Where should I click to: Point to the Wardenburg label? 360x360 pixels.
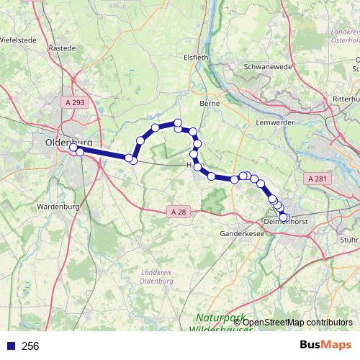[x=56, y=207]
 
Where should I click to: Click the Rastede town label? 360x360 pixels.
[x=62, y=48]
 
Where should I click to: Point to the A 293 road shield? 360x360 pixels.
[x=73, y=103]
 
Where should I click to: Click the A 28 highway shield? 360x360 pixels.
[x=179, y=212]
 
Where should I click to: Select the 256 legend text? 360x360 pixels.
[x=30, y=346]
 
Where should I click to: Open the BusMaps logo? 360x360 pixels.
[x=325, y=345]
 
